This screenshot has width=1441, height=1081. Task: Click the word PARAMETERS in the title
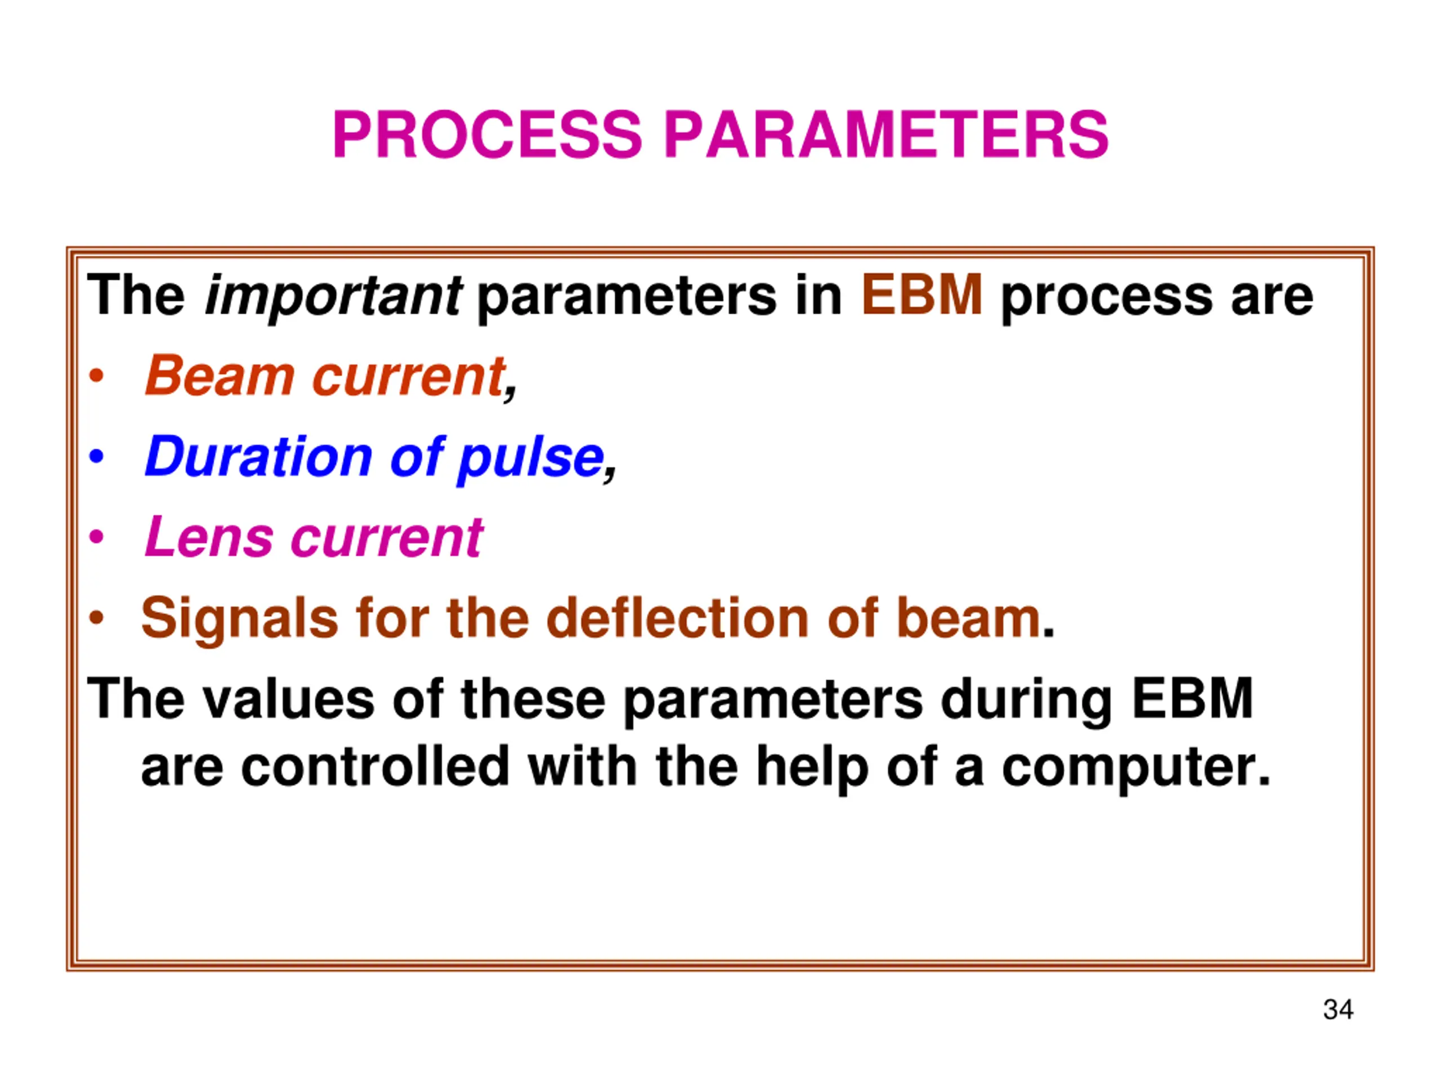pos(887,135)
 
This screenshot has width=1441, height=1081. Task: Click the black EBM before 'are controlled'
pos(1192,698)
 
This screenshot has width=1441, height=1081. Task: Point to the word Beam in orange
pos(220,376)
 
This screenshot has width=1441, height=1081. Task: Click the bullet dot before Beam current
pos(96,377)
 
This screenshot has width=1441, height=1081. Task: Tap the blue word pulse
pos(531,460)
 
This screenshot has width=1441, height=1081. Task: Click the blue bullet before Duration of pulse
pos(96,457)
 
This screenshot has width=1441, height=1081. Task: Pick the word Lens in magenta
pos(208,537)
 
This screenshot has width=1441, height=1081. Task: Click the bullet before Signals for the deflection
pos(96,618)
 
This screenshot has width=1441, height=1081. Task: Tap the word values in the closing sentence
pos(288,698)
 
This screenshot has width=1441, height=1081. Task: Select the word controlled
pos(375,766)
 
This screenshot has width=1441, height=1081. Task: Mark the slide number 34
pos(1338,1009)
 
